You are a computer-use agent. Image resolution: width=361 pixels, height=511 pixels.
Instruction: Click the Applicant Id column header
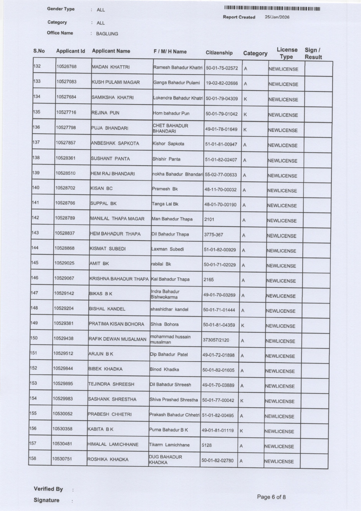70,51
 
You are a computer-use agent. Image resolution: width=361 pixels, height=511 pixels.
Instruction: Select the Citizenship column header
219,53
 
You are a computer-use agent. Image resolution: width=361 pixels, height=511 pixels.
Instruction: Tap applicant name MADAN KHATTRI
111,67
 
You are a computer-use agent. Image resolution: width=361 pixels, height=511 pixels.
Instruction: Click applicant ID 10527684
66,97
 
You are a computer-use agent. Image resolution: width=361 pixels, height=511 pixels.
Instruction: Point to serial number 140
36,188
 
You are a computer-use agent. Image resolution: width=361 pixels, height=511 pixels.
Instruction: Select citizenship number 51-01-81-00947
221,144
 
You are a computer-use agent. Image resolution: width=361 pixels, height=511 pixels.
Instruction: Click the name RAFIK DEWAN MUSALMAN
118,339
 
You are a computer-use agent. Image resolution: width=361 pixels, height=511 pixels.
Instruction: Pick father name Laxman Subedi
167,249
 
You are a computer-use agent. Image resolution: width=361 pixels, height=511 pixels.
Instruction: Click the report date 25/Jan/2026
277,17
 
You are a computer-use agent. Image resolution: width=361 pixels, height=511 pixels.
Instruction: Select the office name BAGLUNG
107,34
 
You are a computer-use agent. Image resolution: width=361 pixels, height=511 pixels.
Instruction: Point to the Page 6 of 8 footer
271,497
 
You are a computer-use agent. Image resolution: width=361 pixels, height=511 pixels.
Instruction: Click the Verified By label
48,489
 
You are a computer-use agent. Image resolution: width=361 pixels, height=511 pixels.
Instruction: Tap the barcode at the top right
272,9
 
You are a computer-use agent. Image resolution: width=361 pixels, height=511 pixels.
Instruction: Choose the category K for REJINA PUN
245,114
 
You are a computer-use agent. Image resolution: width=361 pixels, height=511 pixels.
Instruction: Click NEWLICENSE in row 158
279,461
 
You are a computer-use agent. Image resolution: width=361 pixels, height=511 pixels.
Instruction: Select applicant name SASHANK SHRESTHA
112,399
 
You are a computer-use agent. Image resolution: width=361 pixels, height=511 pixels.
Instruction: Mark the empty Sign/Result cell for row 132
318,69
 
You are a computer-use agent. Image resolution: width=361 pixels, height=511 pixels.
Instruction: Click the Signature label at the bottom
46,500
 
